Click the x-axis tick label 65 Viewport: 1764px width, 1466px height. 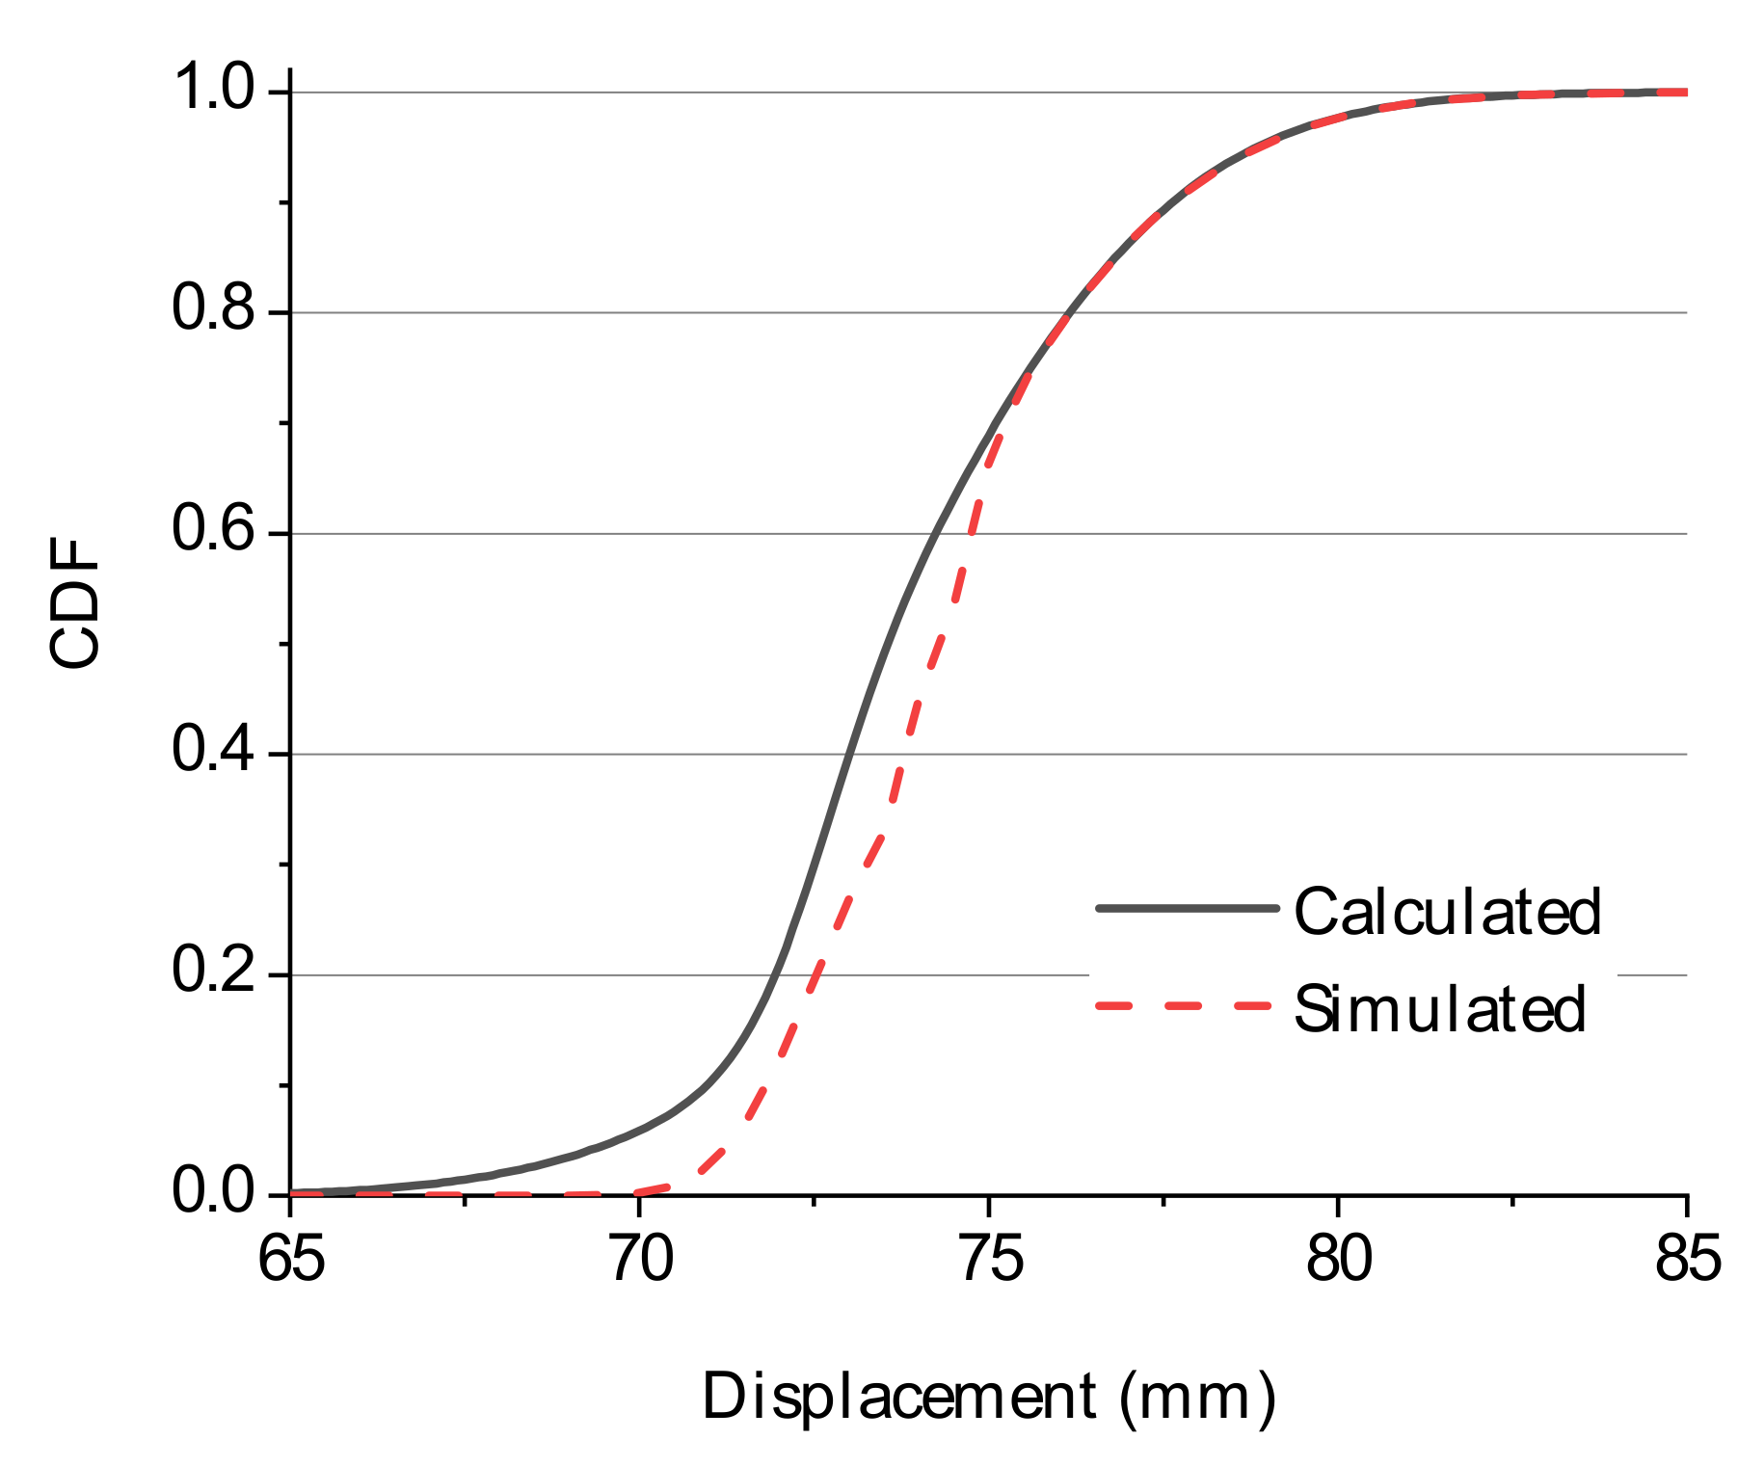coord(291,1261)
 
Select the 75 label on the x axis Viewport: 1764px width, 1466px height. coord(991,1261)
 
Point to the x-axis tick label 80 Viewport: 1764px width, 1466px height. coord(1339,1261)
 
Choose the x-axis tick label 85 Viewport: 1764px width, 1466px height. coord(1688,1261)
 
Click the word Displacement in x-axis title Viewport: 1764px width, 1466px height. coord(899,1397)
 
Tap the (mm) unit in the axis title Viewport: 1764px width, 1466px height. coord(1198,1397)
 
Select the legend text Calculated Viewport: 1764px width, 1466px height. coord(1447,912)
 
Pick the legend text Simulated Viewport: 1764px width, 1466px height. coord(1439,1010)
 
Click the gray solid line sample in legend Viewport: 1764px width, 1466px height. coord(1187,908)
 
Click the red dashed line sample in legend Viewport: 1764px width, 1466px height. coord(1187,1006)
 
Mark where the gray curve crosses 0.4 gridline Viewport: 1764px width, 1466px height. coord(848,754)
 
